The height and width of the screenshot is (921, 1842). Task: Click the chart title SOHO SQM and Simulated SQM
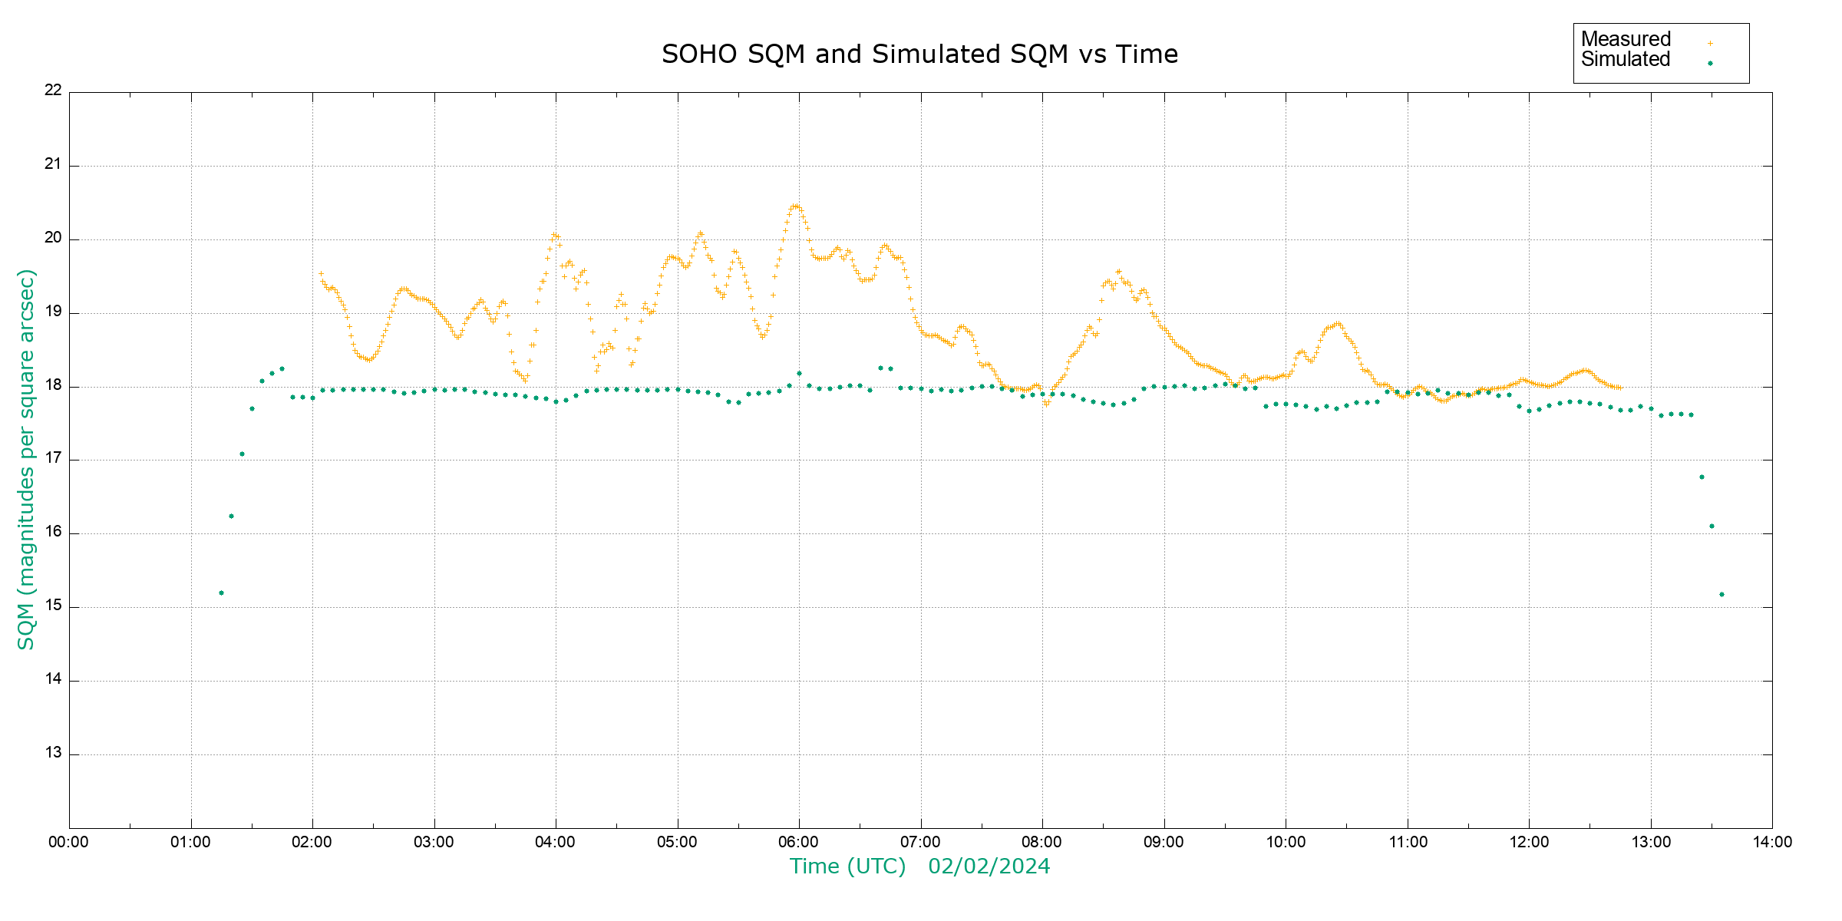919,54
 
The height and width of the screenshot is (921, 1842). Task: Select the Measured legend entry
1626,39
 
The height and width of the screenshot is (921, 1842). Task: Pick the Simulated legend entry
1626,60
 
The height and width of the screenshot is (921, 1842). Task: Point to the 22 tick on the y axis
53,90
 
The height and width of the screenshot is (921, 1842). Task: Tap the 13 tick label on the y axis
53,753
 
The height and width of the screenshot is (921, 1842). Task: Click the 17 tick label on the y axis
53,458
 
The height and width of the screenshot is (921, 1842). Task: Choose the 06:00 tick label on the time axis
798,842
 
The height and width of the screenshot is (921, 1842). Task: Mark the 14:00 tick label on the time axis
1772,842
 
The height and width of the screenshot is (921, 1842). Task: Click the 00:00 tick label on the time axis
68,842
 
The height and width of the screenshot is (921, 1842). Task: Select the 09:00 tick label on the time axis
1164,842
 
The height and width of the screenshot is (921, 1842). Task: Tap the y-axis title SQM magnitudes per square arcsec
26,459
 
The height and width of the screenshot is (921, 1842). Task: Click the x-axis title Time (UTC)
847,867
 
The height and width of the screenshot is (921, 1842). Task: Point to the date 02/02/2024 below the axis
989,867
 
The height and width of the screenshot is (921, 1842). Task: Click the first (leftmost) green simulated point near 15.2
221,593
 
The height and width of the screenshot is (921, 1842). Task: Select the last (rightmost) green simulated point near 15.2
1722,594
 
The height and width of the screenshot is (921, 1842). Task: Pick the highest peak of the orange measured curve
795,206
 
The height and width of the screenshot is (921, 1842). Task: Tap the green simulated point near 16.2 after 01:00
231,516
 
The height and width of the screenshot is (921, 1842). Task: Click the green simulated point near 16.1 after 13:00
1712,526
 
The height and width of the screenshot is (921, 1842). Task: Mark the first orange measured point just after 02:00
321,273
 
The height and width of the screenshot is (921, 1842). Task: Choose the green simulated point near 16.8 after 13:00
1702,477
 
